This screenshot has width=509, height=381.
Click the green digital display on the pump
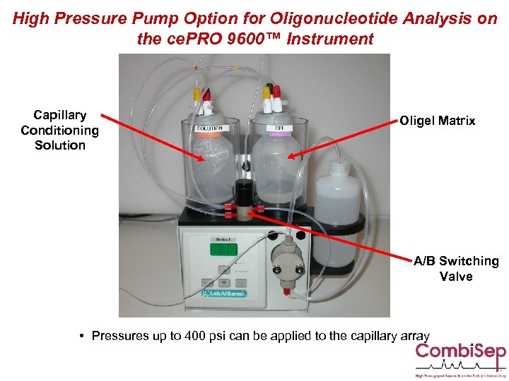(224, 249)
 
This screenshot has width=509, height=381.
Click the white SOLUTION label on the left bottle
(209, 128)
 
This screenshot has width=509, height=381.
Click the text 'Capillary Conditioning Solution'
(60, 130)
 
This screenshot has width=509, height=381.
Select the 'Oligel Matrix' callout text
(438, 121)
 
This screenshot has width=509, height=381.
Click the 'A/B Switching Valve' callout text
(456, 268)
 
